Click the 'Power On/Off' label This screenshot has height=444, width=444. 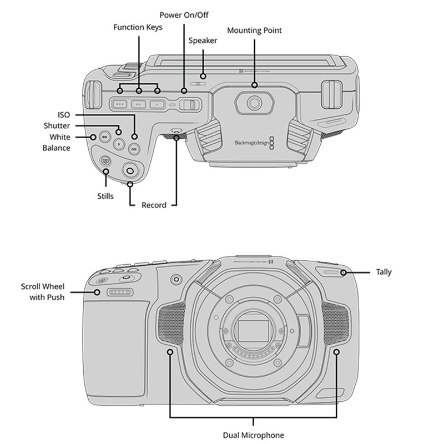[x=183, y=14]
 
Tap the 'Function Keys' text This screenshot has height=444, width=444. [x=138, y=27]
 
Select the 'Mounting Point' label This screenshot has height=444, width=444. [x=254, y=31]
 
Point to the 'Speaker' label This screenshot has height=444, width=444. [x=203, y=41]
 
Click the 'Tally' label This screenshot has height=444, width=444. [x=384, y=272]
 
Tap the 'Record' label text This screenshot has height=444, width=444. [x=154, y=205]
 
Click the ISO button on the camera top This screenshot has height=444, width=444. [x=133, y=148]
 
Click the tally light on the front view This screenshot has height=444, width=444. [x=331, y=272]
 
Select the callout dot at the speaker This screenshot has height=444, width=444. [x=203, y=76]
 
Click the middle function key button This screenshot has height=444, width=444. [x=139, y=103]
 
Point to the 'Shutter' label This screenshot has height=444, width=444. [x=57, y=126]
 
